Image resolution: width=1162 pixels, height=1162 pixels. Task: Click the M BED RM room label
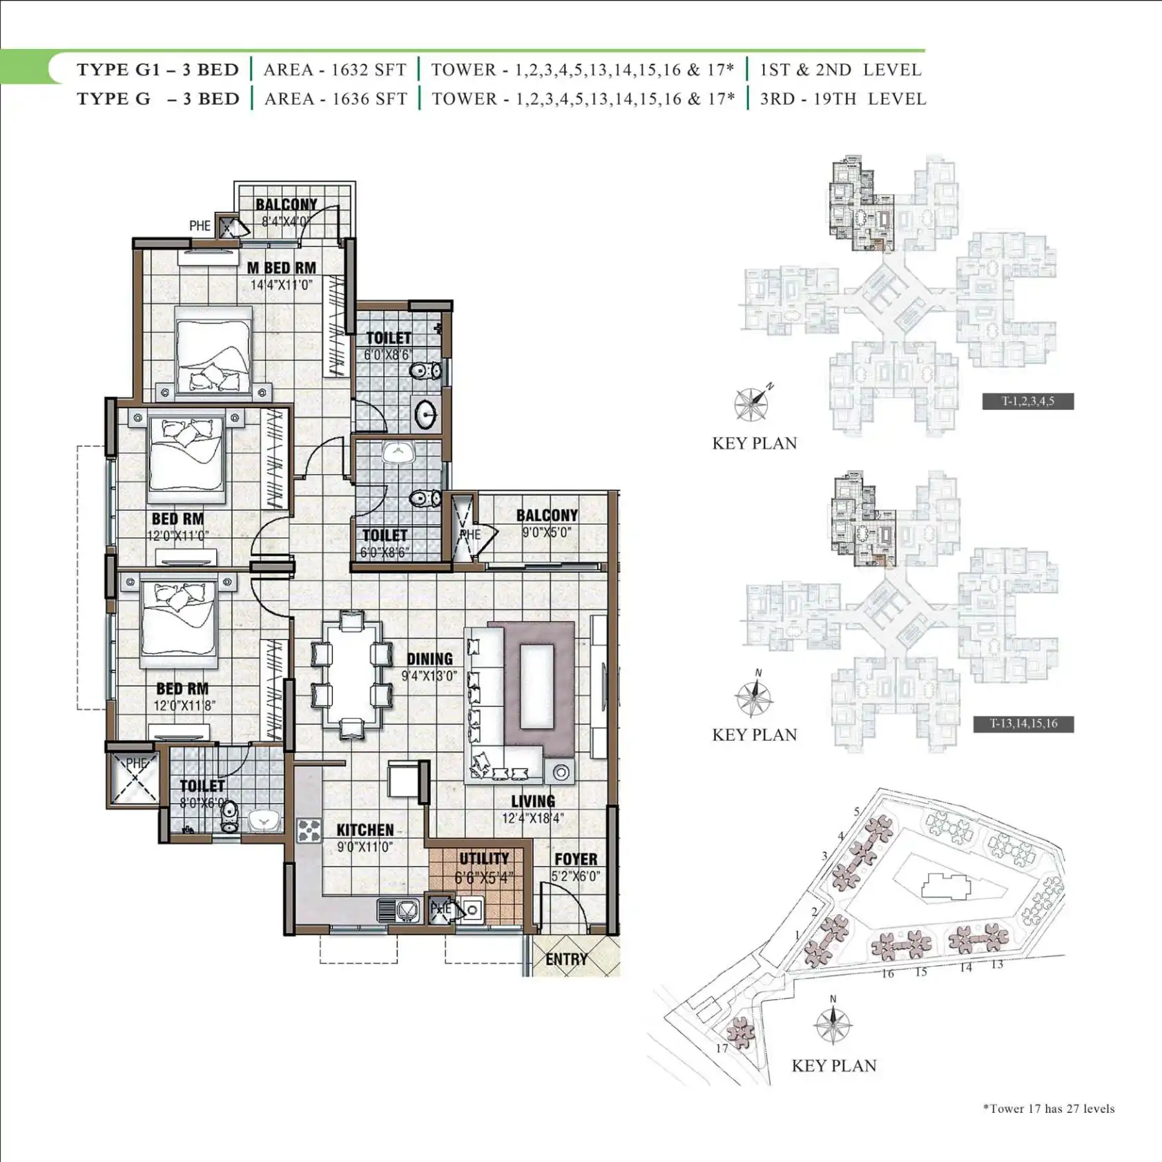click(x=282, y=268)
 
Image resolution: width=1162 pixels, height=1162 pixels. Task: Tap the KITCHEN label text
click(x=365, y=830)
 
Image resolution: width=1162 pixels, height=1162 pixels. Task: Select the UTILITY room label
click(x=484, y=858)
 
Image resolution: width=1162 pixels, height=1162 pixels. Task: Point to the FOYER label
click(x=576, y=859)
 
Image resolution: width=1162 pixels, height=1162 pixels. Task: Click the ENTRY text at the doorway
click(x=567, y=959)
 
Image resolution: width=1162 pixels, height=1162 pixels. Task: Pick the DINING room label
click(x=429, y=659)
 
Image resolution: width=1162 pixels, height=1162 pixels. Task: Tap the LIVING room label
click(x=533, y=801)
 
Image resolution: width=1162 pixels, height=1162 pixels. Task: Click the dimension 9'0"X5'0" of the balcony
click(x=547, y=532)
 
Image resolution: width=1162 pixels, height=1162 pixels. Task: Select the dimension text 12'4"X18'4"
click(x=533, y=818)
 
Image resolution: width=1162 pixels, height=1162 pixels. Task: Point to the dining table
click(x=351, y=674)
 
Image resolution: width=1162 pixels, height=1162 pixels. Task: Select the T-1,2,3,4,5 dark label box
click(x=1028, y=401)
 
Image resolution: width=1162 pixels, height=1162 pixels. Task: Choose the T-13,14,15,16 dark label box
click(x=1023, y=724)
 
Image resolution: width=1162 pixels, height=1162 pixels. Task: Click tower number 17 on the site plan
click(x=722, y=1048)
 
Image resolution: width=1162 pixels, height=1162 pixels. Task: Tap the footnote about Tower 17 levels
click(x=1049, y=1109)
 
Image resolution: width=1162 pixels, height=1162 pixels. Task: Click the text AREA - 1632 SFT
click(x=335, y=70)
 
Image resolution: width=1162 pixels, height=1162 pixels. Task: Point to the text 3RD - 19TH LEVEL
click(x=843, y=99)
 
